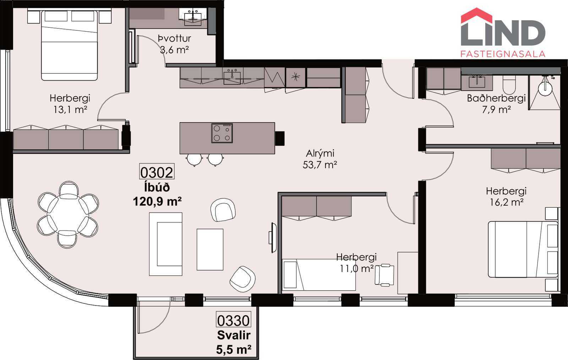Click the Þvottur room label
(x=174, y=39)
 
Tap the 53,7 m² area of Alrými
(x=320, y=165)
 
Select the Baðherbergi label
(x=496, y=98)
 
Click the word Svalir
(x=234, y=335)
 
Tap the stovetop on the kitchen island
(x=222, y=133)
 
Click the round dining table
(x=68, y=214)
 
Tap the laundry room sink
(x=193, y=18)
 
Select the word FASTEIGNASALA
(x=503, y=54)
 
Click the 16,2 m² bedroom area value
(x=507, y=202)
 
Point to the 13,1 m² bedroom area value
(x=70, y=109)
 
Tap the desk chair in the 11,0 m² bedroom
(x=384, y=275)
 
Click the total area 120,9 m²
(x=157, y=202)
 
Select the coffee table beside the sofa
(x=210, y=250)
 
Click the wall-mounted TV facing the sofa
(x=273, y=238)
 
